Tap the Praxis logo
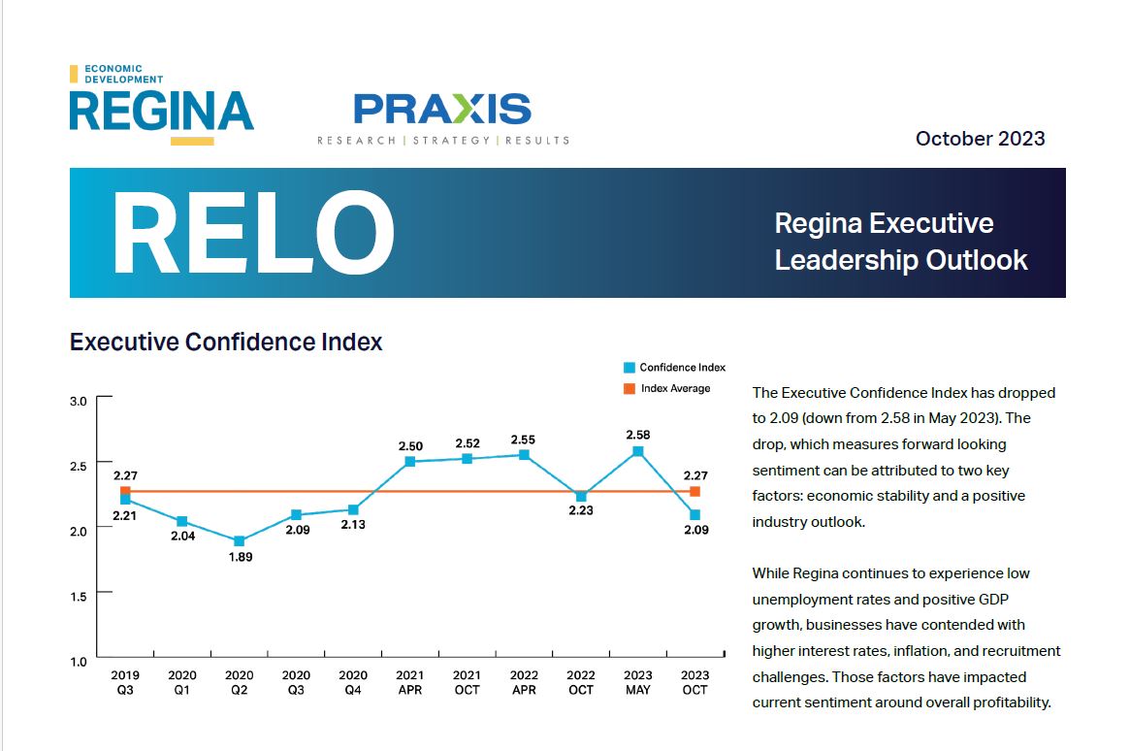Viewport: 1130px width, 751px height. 442,116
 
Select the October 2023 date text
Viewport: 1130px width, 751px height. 980,139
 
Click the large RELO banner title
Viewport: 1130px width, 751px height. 253,234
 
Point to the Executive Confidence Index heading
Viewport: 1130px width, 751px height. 226,343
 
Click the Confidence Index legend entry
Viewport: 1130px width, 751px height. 675,368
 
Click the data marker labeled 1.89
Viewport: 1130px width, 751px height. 240,541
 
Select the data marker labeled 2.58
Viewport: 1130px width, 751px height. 638,451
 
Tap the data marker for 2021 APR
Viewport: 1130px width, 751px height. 410,462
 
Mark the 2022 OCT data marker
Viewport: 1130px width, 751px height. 581,497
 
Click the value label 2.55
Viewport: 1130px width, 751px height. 523,440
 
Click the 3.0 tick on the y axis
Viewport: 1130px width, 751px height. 79,401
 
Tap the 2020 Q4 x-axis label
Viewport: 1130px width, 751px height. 353,682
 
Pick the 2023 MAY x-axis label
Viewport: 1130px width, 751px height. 638,682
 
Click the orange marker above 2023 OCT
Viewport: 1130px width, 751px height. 694,492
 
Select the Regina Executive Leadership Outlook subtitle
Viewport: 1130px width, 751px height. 900,242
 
